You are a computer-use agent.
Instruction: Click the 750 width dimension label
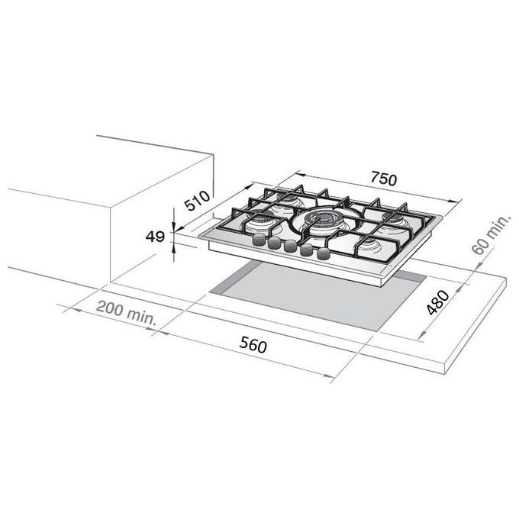click(x=383, y=179)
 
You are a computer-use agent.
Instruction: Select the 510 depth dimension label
click(x=197, y=201)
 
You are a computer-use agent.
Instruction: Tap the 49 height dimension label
click(x=155, y=237)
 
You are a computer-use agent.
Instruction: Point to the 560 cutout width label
click(x=253, y=344)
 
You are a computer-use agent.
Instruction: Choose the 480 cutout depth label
click(x=437, y=302)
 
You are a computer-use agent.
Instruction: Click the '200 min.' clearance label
click(x=126, y=313)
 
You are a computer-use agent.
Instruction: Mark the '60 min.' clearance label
click(x=491, y=234)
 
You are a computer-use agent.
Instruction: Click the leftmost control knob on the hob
click(x=259, y=239)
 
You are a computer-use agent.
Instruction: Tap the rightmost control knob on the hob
click(x=324, y=253)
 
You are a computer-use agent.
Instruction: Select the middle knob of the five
click(x=290, y=246)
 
